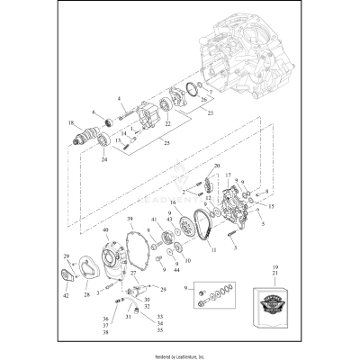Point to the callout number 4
click(x=118, y=97)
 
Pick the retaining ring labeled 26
click(x=191, y=89)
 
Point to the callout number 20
click(x=216, y=167)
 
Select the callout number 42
click(x=66, y=295)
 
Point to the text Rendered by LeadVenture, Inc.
click(x=180, y=354)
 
